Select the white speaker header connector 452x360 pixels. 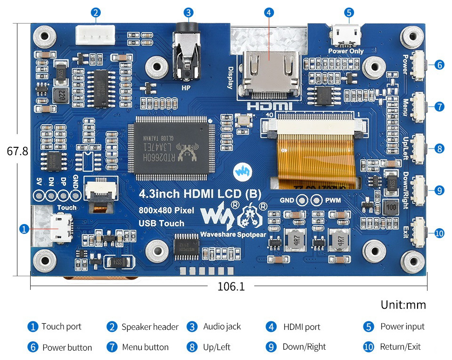pos(95,34)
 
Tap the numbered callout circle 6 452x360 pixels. pos(439,65)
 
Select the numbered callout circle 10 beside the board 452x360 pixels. pos(439,233)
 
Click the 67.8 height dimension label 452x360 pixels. pos(17,152)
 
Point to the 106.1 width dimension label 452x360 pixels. pos(231,286)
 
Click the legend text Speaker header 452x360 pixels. pos(150,327)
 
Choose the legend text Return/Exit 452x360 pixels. pos(400,347)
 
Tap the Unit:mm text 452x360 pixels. pos(403,305)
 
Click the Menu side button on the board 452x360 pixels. pos(418,107)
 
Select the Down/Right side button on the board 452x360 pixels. pos(418,191)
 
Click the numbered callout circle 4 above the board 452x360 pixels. pos(269,13)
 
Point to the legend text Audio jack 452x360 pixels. pos(222,327)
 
